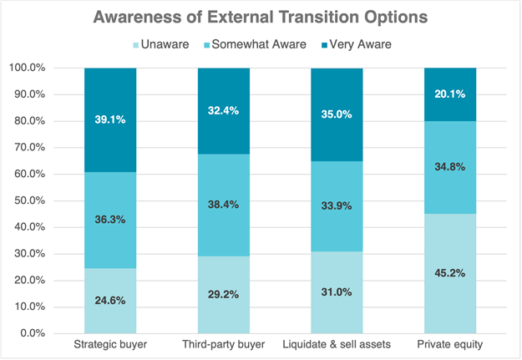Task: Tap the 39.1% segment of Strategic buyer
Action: (x=110, y=119)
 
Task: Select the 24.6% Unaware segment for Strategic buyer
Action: (x=110, y=300)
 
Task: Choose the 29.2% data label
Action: (x=223, y=294)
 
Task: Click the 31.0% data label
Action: (x=337, y=292)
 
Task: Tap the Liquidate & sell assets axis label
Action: (x=337, y=345)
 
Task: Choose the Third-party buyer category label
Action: (x=223, y=345)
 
